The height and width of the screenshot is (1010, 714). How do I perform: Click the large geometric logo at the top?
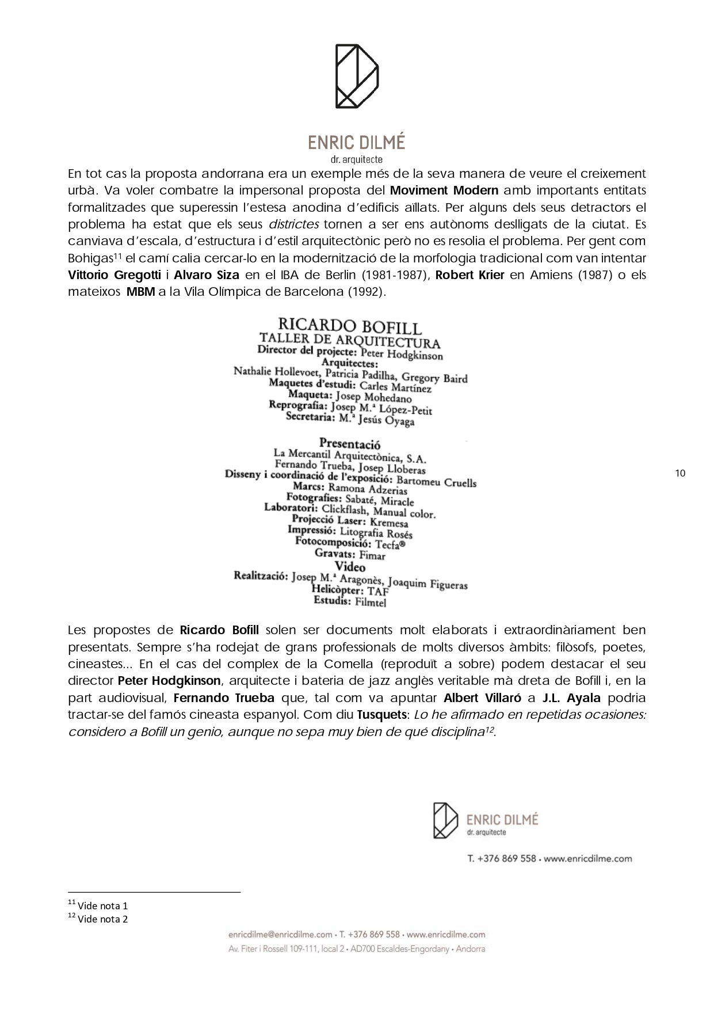(357, 76)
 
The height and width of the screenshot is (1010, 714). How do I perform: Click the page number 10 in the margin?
(680, 474)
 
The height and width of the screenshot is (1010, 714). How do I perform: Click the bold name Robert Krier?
(469, 275)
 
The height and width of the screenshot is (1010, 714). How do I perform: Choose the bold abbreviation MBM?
(140, 291)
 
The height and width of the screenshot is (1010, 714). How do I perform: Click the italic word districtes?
(294, 224)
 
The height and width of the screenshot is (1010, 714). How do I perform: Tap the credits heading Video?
(350, 567)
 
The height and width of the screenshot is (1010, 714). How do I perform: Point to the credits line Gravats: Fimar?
(350, 554)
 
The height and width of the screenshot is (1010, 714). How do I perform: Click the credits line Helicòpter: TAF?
(350, 590)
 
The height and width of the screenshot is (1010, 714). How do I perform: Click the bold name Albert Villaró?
(482, 698)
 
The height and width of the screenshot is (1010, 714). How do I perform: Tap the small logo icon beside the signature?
(445, 820)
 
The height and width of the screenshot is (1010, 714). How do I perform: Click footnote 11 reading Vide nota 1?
(98, 906)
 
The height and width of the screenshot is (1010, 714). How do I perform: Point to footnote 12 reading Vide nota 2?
(98, 919)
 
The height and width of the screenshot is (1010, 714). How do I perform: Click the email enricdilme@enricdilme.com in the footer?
(280, 935)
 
